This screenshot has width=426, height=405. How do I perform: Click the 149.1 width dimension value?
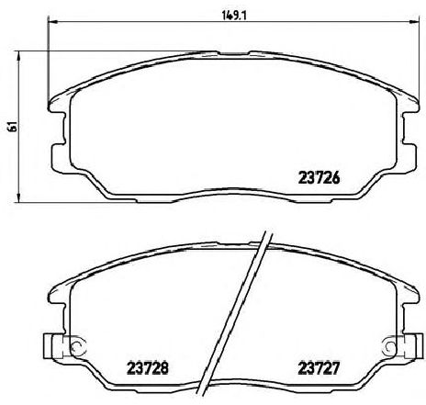pyautogui.click(x=234, y=16)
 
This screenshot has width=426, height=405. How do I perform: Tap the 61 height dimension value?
pyautogui.click(x=13, y=126)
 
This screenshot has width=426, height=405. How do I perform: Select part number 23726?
pyautogui.click(x=319, y=177)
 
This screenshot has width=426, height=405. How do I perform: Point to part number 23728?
pyautogui.click(x=148, y=368)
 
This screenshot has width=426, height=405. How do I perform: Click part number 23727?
pyautogui.click(x=319, y=368)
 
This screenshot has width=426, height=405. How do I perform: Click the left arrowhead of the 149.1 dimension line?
pyautogui.click(x=52, y=22)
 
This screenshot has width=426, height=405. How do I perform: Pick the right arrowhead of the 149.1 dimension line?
pyautogui.click(x=413, y=22)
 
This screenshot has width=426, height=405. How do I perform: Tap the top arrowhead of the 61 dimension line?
pyautogui.click(x=19, y=56)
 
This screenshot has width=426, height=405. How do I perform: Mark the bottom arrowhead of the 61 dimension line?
pyautogui.click(x=19, y=197)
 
